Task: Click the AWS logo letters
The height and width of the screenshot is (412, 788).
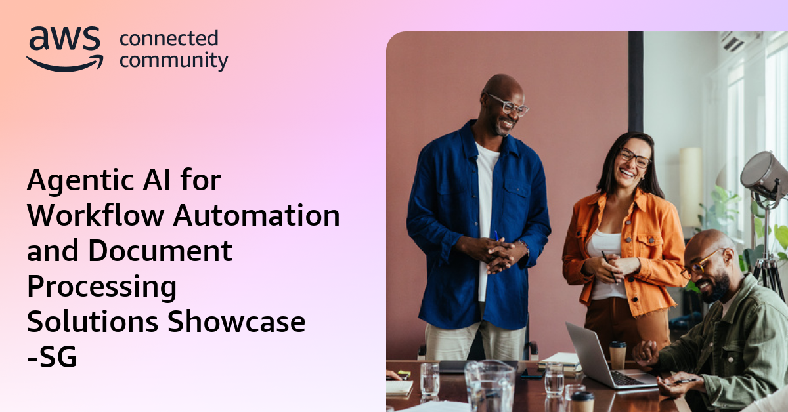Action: coord(64,41)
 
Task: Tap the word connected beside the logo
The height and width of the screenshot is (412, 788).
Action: coord(169,39)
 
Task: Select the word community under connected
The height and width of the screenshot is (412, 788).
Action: coord(174,61)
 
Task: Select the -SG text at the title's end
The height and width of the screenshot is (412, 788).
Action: coord(52,358)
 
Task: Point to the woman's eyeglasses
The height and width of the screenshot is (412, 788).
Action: coord(634,158)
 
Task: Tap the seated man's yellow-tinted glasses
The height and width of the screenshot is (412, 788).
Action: coord(703,262)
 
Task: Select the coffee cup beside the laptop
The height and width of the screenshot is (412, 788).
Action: coord(618,354)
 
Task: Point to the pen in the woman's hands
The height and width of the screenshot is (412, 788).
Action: coord(609,266)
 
